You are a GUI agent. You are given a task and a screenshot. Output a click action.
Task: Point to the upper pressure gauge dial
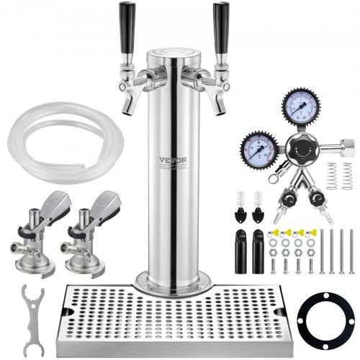pyautogui.click(x=296, y=107)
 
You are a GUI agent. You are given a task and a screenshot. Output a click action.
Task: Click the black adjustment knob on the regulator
pyautogui.click(x=297, y=148)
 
